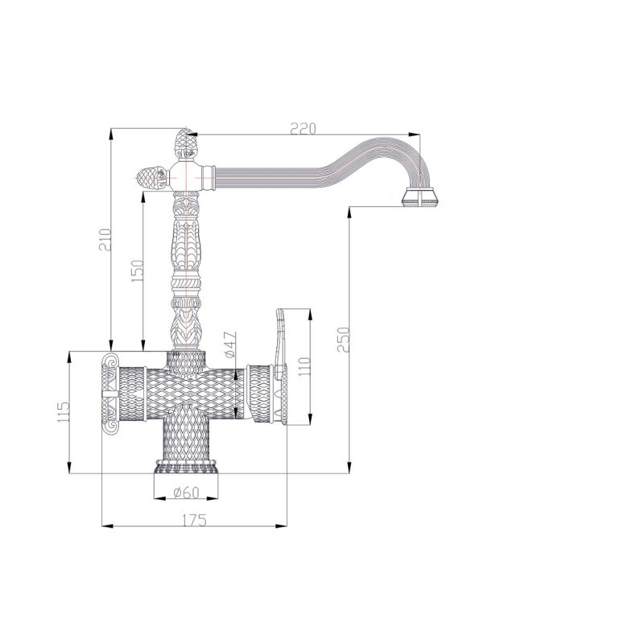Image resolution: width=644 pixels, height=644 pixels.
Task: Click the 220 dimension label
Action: pyautogui.click(x=303, y=129)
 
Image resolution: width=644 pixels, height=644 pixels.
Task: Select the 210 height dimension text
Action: pyautogui.click(x=105, y=240)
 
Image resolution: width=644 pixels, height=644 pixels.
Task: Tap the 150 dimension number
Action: pyautogui.click(x=138, y=270)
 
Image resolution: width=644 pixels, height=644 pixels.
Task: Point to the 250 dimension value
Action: pyautogui.click(x=343, y=340)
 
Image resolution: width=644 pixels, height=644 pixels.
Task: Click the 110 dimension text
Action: pyautogui.click(x=304, y=368)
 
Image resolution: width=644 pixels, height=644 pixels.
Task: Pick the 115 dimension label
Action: pyautogui.click(x=64, y=412)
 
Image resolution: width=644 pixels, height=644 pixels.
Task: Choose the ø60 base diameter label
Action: pyautogui.click(x=186, y=492)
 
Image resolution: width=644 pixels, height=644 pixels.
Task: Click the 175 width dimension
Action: pyautogui.click(x=194, y=520)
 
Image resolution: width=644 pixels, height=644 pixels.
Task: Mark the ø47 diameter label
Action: pyautogui.click(x=230, y=345)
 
